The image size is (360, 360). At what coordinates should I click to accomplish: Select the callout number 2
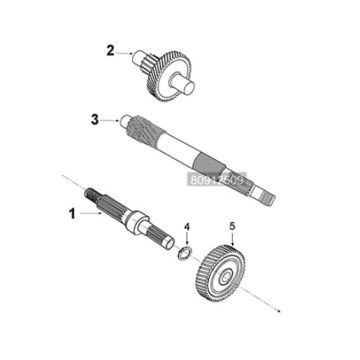[x=112, y=47]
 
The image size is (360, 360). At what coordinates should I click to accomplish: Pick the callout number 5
[x=232, y=227]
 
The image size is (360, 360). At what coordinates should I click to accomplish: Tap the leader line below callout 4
[x=184, y=245]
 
